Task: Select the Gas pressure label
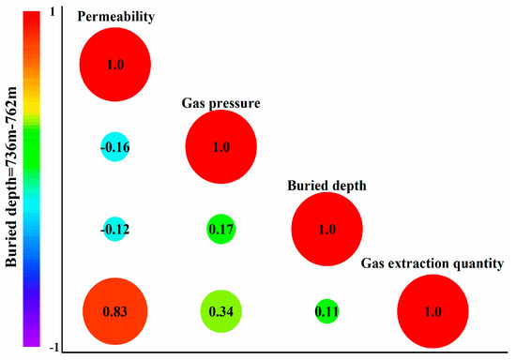pos(220,101)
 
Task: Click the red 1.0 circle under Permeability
pos(114,65)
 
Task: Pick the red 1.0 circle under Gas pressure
pos(220,147)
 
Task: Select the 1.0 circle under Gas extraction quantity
pos(431,311)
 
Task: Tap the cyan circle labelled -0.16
pos(114,147)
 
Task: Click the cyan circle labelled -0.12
pos(114,229)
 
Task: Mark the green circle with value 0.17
pos(220,229)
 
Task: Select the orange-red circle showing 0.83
pos(114,311)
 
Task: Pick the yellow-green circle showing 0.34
pos(220,311)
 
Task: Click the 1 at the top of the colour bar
pos(53,10)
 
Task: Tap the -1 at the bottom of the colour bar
pos(51,347)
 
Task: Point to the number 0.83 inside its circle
pos(114,311)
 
